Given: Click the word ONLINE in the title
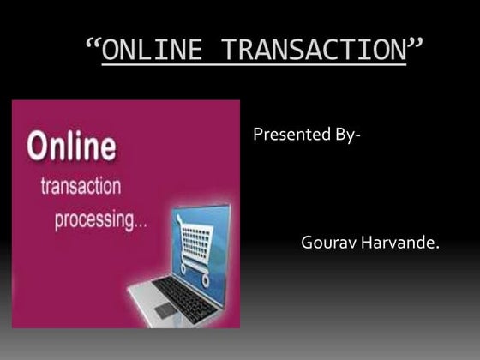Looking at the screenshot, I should point(153,51).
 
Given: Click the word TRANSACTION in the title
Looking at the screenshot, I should point(313,51).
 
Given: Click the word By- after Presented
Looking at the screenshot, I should point(346,135).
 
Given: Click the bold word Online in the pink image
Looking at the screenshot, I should point(72,147).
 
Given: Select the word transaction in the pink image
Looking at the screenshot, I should point(80,186).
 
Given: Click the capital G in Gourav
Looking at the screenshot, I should point(307,243).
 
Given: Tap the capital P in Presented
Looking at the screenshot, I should point(258,135).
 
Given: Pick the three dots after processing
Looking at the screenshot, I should point(139,225).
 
